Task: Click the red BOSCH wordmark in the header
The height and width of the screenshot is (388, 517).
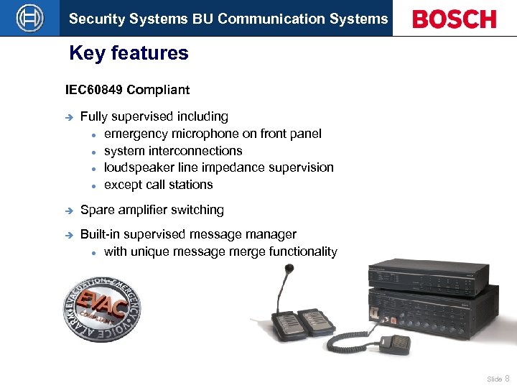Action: coord(454,19)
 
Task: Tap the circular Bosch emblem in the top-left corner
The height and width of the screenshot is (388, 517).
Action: coord(29,18)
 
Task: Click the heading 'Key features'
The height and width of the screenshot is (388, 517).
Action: coord(129,53)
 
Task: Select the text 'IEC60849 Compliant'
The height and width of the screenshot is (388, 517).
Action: coord(127,90)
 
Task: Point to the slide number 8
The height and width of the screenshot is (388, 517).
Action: coord(508,378)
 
